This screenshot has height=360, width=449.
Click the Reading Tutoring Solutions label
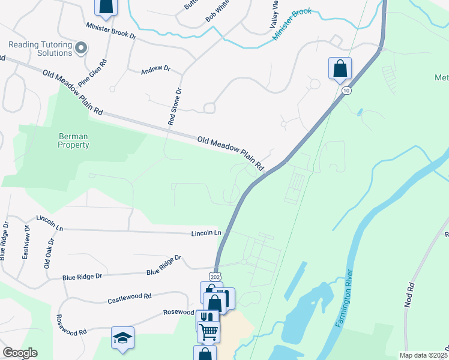tap(40, 49)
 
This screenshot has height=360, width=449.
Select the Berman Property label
tap(74, 140)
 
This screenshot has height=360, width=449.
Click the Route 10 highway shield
tap(346, 90)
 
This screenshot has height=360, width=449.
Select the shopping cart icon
tap(209, 331)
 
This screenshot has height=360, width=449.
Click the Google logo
tap(20, 353)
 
